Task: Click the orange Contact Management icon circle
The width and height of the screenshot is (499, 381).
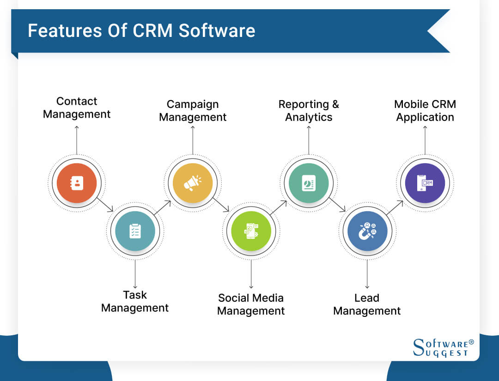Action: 77,183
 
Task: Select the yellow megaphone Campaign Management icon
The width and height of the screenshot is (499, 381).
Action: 193,183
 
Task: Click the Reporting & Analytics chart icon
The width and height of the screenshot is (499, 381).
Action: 309,183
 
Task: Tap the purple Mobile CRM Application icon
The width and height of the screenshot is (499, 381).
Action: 425,183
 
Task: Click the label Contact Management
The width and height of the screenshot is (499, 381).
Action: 77,107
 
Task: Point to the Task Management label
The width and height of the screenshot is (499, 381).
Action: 135,301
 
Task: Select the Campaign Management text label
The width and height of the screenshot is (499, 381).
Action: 193,111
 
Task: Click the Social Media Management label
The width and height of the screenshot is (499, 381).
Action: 251,304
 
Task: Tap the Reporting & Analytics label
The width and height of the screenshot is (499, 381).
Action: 309,111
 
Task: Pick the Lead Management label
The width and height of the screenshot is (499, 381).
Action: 367,304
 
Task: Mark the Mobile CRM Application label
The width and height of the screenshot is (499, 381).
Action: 425,111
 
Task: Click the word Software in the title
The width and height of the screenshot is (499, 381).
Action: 217,31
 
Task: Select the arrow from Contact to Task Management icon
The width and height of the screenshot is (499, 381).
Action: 106,205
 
